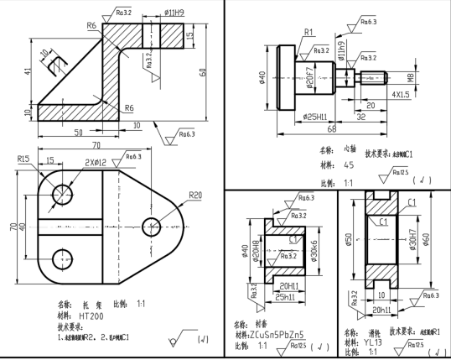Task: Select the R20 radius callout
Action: pyautogui.click(x=194, y=195)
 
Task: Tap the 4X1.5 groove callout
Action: pyautogui.click(x=402, y=96)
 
